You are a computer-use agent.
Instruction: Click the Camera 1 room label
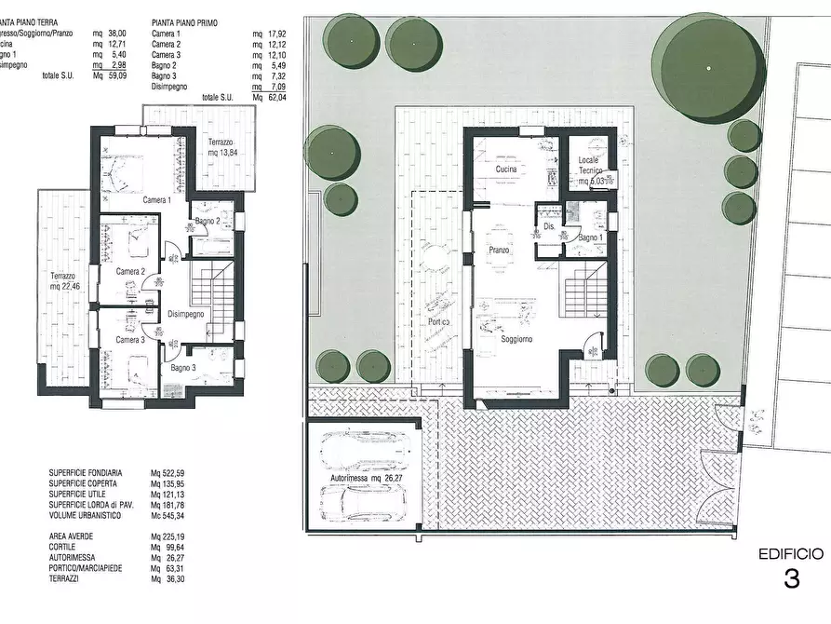tap(156, 200)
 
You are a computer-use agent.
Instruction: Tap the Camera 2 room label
tap(130, 271)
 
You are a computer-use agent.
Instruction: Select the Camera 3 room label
tap(130, 340)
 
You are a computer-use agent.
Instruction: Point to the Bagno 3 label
tap(182, 369)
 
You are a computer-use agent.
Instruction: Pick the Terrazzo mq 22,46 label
tap(64, 281)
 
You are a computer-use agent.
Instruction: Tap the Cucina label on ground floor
tap(506, 170)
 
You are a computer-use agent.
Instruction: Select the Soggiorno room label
tap(516, 339)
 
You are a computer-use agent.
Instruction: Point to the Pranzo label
tap(499, 251)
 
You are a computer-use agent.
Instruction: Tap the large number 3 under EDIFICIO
tap(791, 579)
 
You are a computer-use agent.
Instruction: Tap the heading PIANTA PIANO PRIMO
tap(184, 21)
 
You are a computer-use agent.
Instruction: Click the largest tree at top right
tap(709, 68)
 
